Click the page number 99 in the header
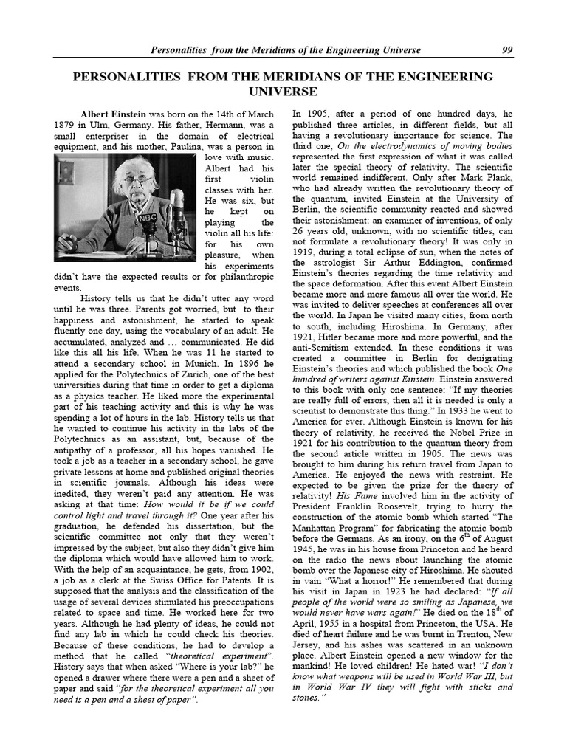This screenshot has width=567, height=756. pos(506,50)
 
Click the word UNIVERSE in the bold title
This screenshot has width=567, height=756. pos(283,92)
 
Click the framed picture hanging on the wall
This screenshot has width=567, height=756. pos(66,172)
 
